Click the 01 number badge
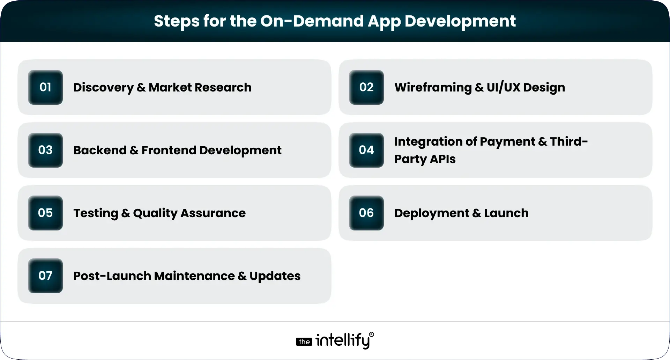tap(45, 87)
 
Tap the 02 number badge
tap(366, 87)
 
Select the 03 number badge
tap(45, 150)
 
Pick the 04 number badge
tap(366, 150)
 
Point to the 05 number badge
tap(45, 213)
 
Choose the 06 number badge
tap(366, 213)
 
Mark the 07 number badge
tap(45, 276)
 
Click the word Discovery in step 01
tap(103, 87)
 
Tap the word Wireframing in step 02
tap(433, 87)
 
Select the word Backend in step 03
tap(100, 150)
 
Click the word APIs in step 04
tap(442, 159)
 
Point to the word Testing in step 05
tap(96, 213)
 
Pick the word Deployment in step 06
tap(431, 213)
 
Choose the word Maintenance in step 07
tap(194, 276)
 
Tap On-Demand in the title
tap(312, 21)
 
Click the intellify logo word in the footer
tap(342, 340)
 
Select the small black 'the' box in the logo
tap(304, 342)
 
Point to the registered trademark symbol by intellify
tap(371, 335)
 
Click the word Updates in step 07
tap(275, 276)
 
